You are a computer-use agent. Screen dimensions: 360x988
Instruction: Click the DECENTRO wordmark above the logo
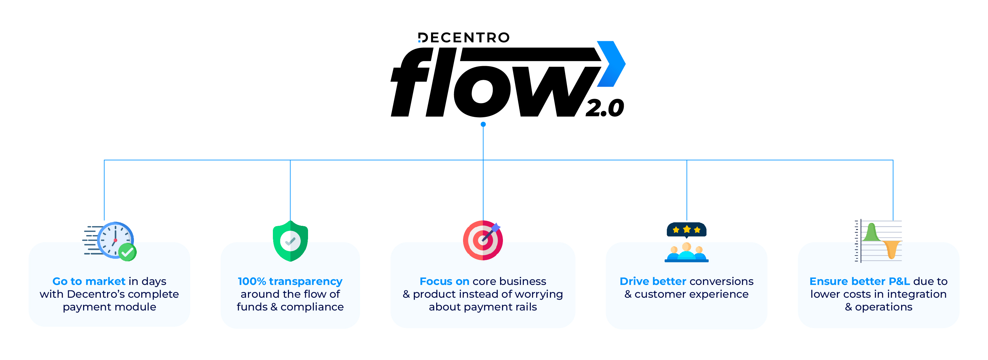(464, 38)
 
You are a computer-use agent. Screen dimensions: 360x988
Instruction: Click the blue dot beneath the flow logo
(483, 124)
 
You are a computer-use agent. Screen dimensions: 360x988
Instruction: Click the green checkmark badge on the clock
(127, 252)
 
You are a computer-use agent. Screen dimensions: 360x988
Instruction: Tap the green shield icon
(290, 241)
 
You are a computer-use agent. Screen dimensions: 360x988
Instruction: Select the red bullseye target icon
(482, 241)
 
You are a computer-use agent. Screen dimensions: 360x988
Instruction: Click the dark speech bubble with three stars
(687, 230)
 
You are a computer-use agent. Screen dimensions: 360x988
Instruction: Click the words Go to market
(89, 281)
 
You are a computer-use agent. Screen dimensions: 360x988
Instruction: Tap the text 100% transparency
(290, 281)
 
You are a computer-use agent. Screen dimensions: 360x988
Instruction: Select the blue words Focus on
(444, 281)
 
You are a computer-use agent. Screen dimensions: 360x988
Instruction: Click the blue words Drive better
(653, 281)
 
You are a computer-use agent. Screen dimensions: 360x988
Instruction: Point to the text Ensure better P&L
(859, 281)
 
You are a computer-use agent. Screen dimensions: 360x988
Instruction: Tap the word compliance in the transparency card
(312, 307)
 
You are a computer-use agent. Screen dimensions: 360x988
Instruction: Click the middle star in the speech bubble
(687, 229)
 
